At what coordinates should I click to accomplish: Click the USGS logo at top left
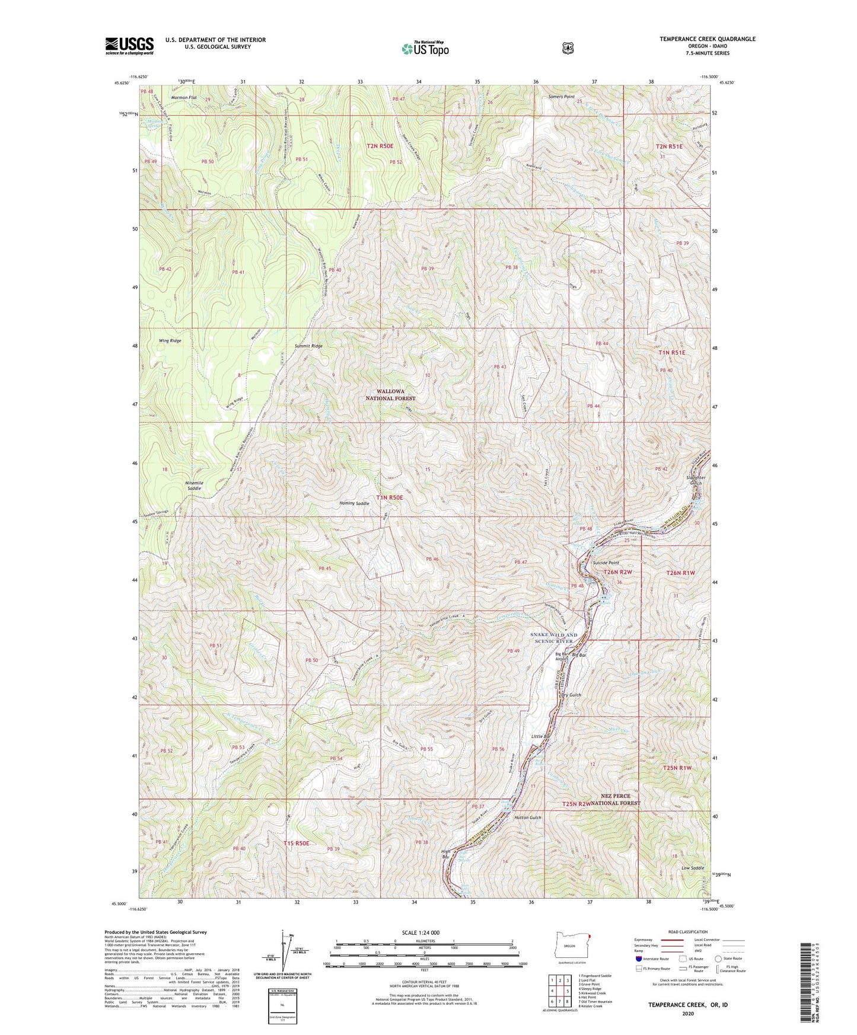(129, 46)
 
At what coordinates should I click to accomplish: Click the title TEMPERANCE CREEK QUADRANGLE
(707, 39)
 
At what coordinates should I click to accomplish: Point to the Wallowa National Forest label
(390, 395)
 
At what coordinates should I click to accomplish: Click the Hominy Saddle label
(353, 503)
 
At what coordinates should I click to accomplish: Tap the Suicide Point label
(606, 563)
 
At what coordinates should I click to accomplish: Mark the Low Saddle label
(693, 868)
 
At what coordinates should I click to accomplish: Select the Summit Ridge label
(308, 346)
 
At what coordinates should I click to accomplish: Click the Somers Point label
(561, 96)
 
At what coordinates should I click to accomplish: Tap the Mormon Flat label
(183, 97)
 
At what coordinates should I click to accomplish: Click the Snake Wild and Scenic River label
(554, 638)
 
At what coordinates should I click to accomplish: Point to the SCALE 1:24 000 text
(420, 932)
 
